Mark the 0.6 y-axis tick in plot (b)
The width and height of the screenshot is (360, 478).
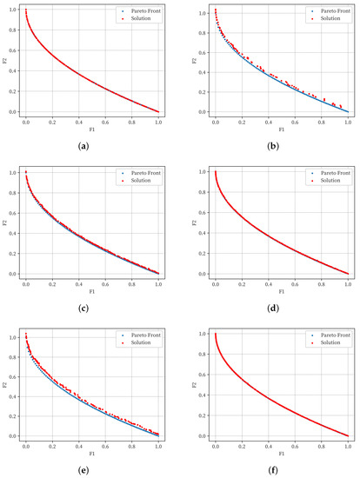point(200,50)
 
